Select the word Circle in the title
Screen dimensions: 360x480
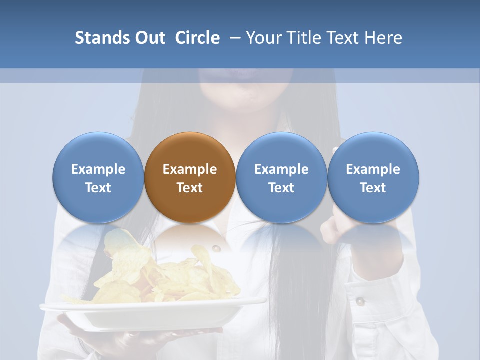point(197,38)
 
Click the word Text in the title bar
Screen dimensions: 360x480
point(343,38)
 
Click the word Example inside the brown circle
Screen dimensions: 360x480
point(190,169)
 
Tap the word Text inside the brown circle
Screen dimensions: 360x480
point(190,188)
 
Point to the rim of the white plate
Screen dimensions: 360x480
point(150,306)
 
